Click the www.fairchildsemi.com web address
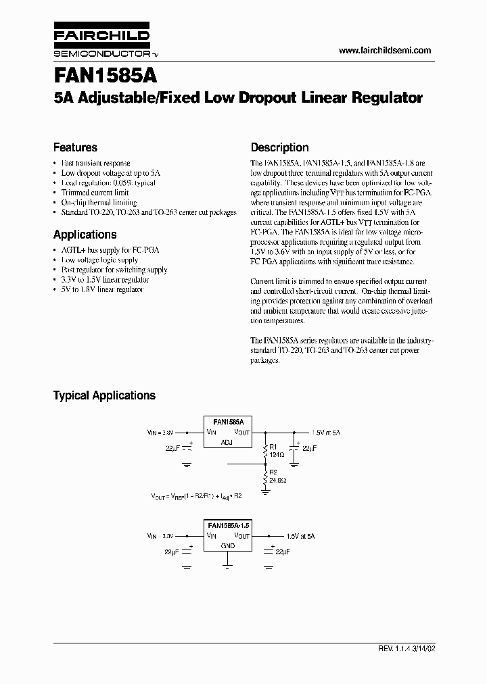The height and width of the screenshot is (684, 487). [x=384, y=51]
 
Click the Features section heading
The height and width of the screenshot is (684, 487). [x=75, y=147]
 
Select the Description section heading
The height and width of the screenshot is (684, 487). [x=279, y=147]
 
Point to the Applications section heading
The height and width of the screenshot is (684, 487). [x=85, y=235]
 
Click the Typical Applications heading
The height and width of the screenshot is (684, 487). [x=104, y=395]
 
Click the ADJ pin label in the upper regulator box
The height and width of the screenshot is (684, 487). [x=227, y=442]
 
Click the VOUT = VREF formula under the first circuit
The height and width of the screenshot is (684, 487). [x=196, y=495]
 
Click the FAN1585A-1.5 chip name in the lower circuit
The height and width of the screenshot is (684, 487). [x=227, y=525]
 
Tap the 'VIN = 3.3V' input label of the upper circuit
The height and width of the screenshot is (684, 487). [x=161, y=431]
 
